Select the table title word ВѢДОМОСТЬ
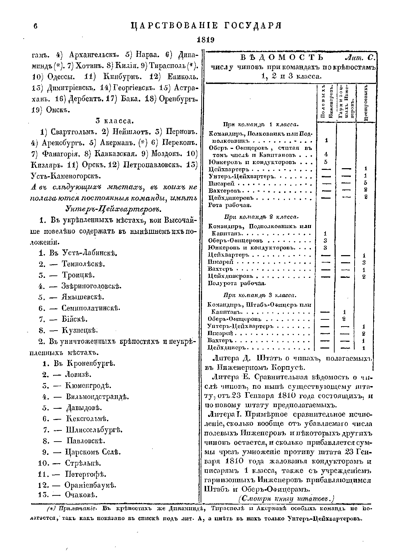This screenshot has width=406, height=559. pos(282,57)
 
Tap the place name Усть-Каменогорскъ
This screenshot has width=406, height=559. pos(66,176)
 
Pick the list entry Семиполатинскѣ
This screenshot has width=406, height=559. pos(90,308)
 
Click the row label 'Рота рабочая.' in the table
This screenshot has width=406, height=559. pos(230,205)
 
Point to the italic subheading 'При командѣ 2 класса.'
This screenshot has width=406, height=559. pos(261,217)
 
